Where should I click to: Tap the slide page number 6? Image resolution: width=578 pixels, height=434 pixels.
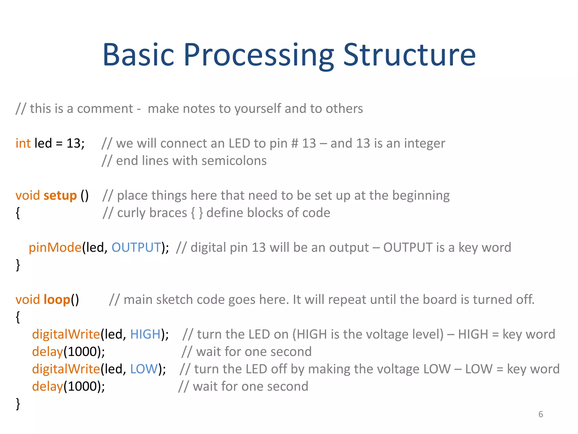click(x=540, y=414)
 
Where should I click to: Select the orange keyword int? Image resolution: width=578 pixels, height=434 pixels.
click(x=23, y=143)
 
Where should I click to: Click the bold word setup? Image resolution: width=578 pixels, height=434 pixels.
click(x=60, y=196)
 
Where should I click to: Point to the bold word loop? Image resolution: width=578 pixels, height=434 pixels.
click(x=57, y=300)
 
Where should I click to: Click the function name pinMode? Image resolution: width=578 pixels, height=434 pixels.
click(x=55, y=248)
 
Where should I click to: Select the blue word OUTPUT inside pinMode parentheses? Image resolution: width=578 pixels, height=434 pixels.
click(x=136, y=248)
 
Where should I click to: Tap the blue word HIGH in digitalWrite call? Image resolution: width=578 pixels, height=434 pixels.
click(x=145, y=334)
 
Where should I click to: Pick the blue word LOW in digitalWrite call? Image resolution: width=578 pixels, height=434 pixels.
click(x=144, y=369)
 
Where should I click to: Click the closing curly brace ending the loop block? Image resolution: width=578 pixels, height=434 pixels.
click(x=18, y=404)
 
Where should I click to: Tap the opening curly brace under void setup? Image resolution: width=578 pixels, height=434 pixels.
click(x=18, y=213)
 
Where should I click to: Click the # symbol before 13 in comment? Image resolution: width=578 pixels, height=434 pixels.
click(x=294, y=144)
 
